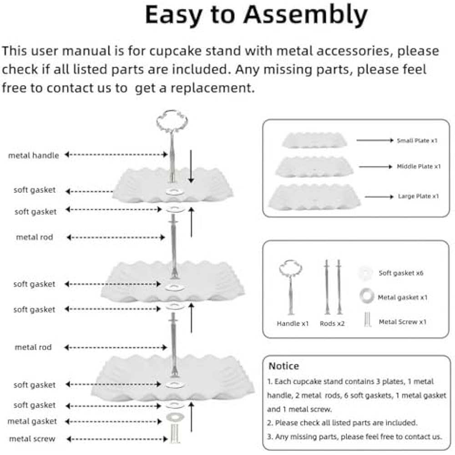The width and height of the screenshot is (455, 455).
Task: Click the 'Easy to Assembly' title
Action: (256, 15)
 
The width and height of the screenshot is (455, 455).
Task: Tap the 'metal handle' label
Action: (34, 156)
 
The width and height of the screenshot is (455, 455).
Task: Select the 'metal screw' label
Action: (32, 439)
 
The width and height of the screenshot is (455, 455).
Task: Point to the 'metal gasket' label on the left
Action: (32, 421)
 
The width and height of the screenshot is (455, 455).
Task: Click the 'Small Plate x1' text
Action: (417, 141)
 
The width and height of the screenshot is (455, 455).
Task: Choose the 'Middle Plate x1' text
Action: (419, 167)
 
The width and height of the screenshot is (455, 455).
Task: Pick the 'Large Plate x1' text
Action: (418, 197)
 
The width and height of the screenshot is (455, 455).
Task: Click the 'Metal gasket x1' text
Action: (402, 298)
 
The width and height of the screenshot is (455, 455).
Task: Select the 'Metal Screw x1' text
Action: (402, 322)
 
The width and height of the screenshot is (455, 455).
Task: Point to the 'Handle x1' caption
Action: (293, 324)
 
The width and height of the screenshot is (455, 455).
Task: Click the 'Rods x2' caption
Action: (333, 324)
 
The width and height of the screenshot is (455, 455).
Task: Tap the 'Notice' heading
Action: (283, 366)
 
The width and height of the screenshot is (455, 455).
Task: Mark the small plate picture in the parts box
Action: (314, 140)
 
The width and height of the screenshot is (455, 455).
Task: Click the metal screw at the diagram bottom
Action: (175, 434)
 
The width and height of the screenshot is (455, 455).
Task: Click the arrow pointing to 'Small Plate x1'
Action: (374, 141)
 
